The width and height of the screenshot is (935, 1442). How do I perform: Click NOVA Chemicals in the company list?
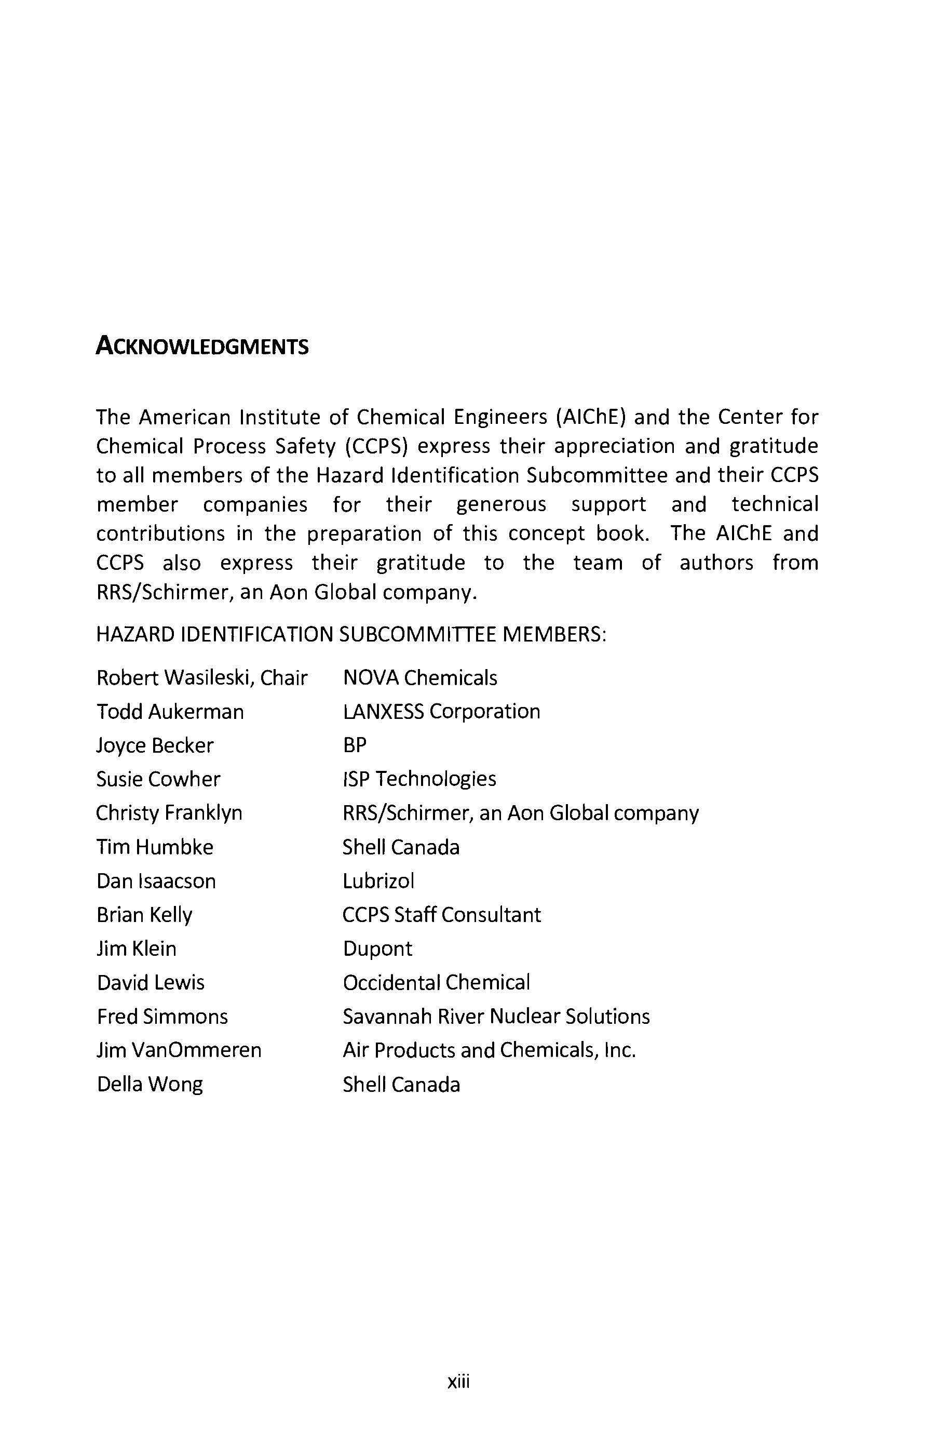(x=419, y=677)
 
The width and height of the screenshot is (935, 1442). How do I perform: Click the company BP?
(x=355, y=745)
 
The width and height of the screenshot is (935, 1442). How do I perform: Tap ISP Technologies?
(x=419, y=779)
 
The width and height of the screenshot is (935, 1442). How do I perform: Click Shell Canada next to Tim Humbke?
(x=401, y=847)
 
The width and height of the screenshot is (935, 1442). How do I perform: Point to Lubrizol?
(x=378, y=881)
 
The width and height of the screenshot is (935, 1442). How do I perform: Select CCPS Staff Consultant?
(x=441, y=915)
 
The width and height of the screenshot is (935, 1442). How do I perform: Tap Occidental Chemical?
(x=436, y=983)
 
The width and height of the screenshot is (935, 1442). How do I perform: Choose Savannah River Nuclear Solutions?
(x=496, y=1017)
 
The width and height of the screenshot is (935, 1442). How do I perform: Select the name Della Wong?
(x=150, y=1085)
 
